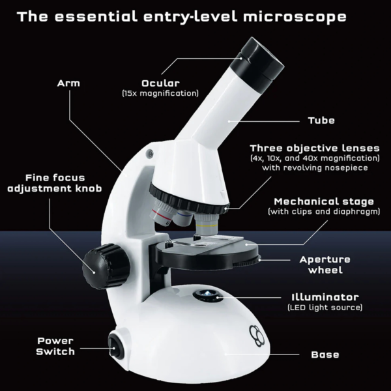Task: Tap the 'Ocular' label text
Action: [x=160, y=83]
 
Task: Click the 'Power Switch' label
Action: [x=55, y=346]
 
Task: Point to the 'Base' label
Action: [x=325, y=355]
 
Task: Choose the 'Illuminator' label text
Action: [x=325, y=297]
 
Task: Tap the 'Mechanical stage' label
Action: [x=324, y=202]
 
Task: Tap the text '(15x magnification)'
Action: [x=160, y=94]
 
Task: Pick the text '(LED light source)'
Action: [x=325, y=307]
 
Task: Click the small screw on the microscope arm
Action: [x=151, y=154]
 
